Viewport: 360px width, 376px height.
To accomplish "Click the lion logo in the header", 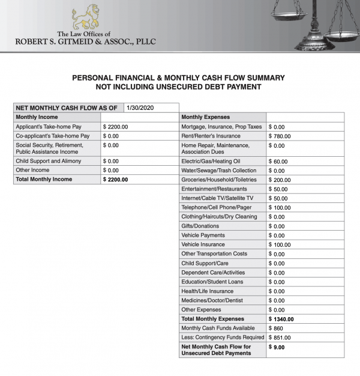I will point(85,17).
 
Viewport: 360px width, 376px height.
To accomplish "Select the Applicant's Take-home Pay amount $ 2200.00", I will point(116,127).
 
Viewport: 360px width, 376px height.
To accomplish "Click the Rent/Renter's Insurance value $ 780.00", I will point(283,136).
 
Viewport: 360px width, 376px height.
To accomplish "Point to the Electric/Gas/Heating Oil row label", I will point(211,162).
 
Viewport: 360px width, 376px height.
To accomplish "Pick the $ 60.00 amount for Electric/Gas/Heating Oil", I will point(278,162).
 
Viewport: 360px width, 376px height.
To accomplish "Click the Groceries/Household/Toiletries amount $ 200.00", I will point(280,180).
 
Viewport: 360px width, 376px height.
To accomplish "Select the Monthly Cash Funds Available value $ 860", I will point(276,328).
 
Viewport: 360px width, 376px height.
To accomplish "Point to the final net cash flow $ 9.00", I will point(278,347).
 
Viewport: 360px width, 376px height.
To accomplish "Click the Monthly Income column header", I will point(37,117).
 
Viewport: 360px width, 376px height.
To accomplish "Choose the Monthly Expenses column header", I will point(205,117).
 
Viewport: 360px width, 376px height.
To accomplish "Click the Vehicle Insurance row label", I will point(203,244).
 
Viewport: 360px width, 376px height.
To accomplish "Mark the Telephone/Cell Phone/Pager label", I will point(214,207).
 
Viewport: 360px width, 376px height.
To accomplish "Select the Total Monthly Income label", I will point(44,179).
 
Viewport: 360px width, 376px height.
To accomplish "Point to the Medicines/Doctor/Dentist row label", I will point(212,300).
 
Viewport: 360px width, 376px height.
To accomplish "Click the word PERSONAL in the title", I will point(93,78).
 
